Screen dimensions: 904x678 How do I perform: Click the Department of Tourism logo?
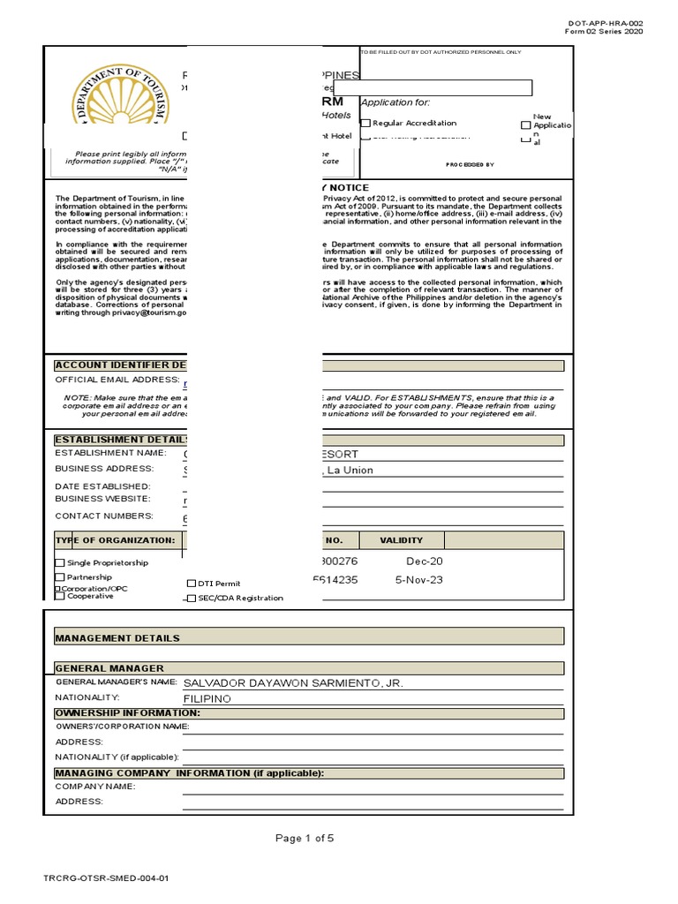[120, 105]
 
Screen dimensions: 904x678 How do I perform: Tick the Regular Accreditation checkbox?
[366, 124]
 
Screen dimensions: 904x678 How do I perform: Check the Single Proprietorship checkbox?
[60, 563]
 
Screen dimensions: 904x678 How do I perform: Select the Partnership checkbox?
[60, 577]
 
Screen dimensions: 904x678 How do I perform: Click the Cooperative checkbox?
[60, 596]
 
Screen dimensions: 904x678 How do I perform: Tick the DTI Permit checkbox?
[192, 584]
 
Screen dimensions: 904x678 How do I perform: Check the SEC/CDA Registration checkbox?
[192, 599]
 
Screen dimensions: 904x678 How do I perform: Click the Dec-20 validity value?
[424, 561]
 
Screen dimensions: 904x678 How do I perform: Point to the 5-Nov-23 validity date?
[418, 580]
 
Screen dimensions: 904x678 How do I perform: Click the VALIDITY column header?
[401, 540]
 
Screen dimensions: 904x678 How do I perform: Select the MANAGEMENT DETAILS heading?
[117, 637]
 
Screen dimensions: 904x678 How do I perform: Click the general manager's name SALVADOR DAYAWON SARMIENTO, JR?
[292, 683]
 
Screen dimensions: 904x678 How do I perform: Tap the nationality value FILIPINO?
[207, 698]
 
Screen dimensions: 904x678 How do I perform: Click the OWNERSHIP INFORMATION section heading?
[127, 712]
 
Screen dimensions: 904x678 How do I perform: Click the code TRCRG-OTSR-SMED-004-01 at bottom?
[105, 879]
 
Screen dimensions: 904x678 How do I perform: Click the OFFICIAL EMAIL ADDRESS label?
[117, 380]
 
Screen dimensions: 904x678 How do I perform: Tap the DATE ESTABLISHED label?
[102, 486]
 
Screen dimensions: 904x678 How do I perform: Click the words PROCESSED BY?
[470, 164]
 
